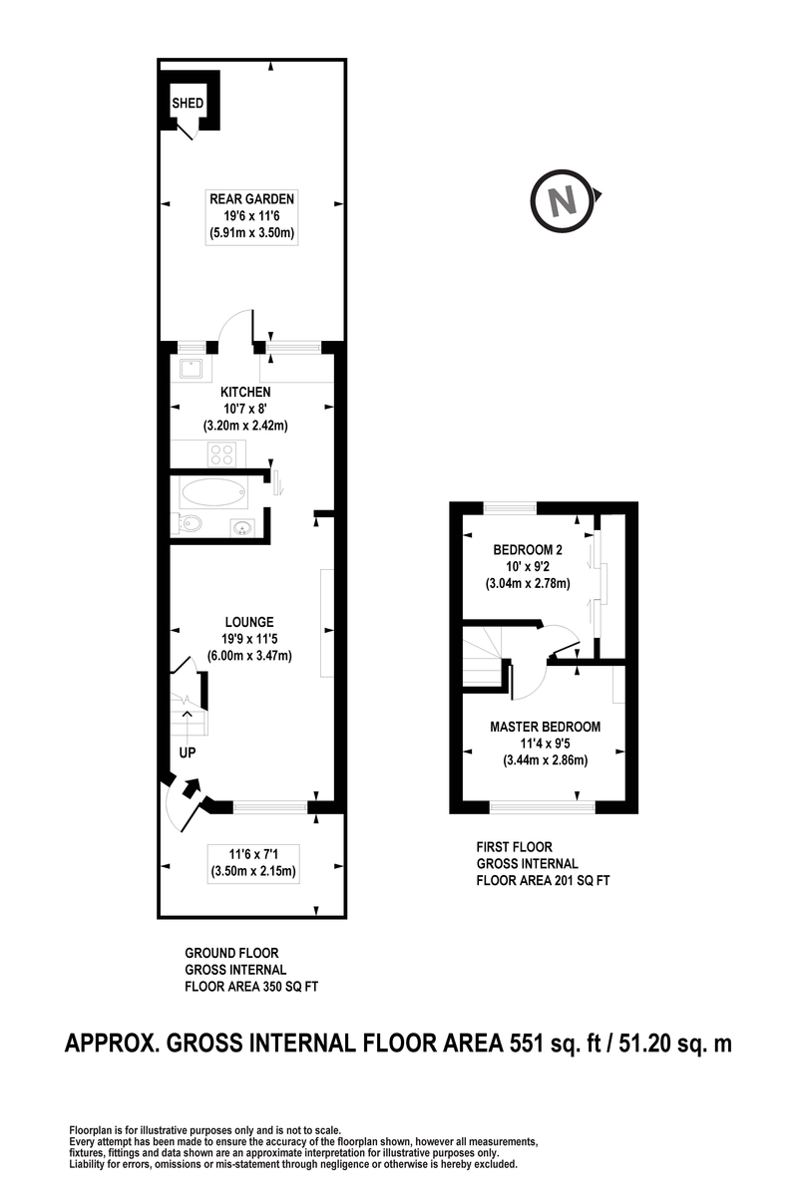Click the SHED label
tap(188, 103)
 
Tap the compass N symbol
tap(563, 200)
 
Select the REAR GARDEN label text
tap(251, 198)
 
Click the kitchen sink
tap(192, 369)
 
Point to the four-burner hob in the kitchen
tap(222, 454)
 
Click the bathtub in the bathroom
tap(213, 492)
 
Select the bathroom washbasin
tap(243, 528)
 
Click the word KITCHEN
tap(245, 392)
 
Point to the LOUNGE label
tap(249, 622)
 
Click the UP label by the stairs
tap(188, 752)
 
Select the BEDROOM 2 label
tap(528, 549)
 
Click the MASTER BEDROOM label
tap(546, 727)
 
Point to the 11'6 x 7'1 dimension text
tap(252, 854)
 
